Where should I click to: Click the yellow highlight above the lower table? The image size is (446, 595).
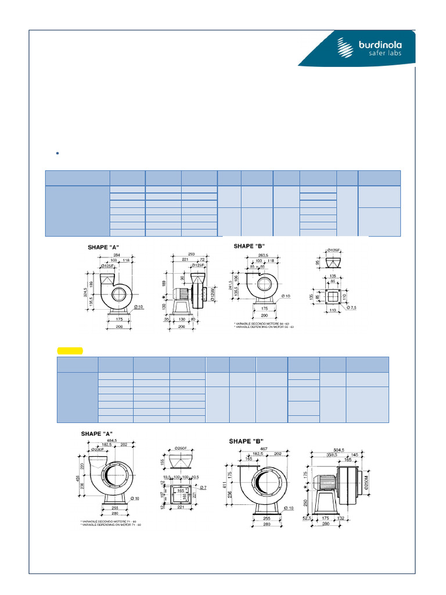[70, 350]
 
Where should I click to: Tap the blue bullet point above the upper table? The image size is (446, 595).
[58, 153]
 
